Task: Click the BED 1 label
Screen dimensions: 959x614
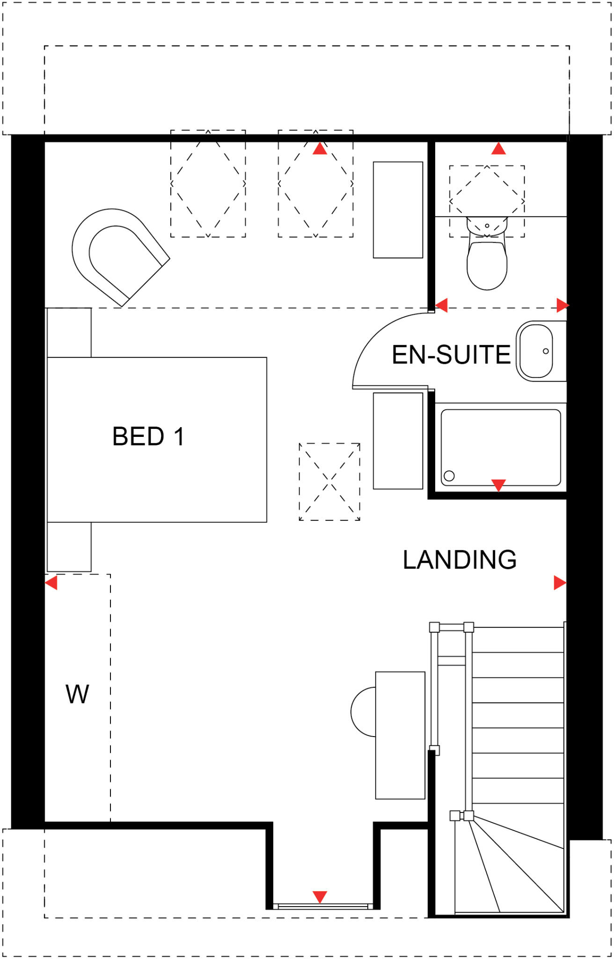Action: pos(148,436)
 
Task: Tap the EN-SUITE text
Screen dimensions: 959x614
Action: pos(451,354)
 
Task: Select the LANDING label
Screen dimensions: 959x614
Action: pos(460,560)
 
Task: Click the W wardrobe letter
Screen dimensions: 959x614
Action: pos(77,694)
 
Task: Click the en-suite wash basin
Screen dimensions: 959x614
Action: pos(536,351)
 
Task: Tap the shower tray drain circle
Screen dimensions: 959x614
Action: pos(449,476)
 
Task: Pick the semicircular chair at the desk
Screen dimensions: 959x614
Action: pos(364,712)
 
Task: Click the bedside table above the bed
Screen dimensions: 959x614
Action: pos(69,332)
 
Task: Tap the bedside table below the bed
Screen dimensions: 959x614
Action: pos(69,546)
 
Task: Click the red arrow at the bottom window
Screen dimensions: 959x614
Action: pos(320,896)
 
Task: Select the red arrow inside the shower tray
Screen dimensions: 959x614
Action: pos(498,485)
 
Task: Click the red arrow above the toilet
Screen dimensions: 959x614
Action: pos(498,149)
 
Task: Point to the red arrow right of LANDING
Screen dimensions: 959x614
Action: pos(560,583)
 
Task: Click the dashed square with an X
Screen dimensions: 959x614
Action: pos(329,481)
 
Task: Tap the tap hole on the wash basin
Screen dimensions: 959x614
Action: pos(546,351)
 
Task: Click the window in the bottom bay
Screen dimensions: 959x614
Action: pos(323,907)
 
